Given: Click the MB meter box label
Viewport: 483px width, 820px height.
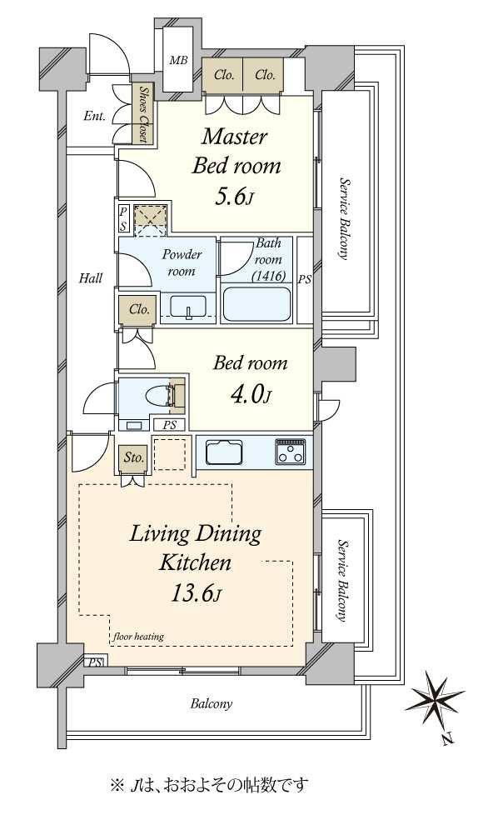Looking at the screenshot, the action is pyautogui.click(x=178, y=60).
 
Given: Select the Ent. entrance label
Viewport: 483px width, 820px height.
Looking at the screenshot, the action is pyautogui.click(x=95, y=116).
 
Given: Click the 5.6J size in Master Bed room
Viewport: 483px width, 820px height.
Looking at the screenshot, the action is pyautogui.click(x=234, y=197).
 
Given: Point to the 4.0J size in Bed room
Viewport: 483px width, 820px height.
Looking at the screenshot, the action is pyautogui.click(x=251, y=395).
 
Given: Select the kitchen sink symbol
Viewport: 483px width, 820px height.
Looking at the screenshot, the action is pyautogui.click(x=225, y=452).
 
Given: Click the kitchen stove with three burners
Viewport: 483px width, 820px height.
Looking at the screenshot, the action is pyautogui.click(x=290, y=452).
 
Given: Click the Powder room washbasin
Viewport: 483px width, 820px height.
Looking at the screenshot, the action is pyautogui.click(x=187, y=306).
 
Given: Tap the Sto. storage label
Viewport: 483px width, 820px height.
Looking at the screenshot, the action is pyautogui.click(x=134, y=458).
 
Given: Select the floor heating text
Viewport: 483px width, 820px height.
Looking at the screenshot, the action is pyautogui.click(x=138, y=637).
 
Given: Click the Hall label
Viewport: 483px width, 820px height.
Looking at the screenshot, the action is pyautogui.click(x=91, y=278).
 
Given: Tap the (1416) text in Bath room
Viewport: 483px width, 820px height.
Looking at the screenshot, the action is pyautogui.click(x=268, y=276).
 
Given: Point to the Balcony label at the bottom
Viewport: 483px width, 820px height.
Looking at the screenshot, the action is pyautogui.click(x=211, y=704).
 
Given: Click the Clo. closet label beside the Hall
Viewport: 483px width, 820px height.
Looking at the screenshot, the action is pyautogui.click(x=139, y=310).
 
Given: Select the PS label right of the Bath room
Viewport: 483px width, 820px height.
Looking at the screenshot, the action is pyautogui.click(x=304, y=280).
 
